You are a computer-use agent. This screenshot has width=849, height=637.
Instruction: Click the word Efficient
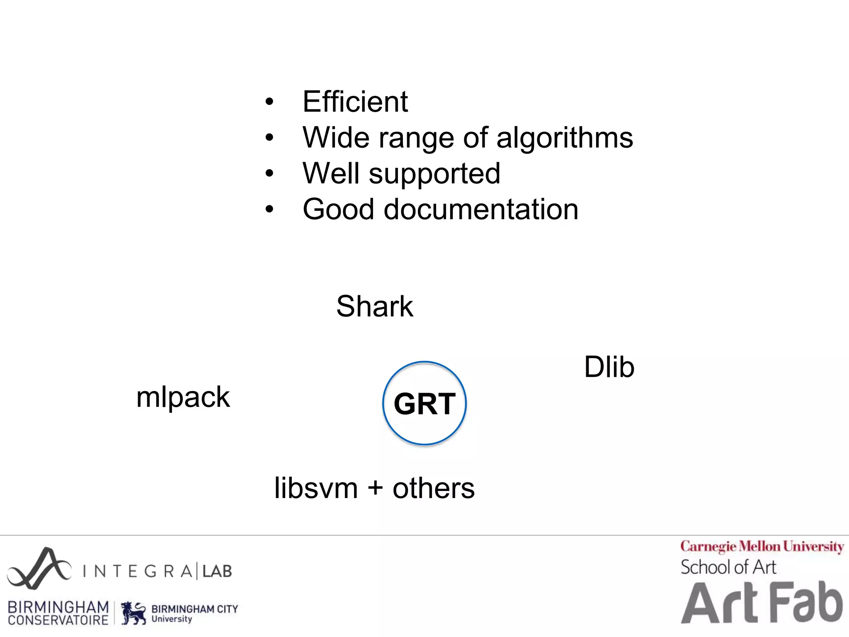point(355,102)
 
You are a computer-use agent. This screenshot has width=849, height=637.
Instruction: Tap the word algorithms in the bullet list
point(565,138)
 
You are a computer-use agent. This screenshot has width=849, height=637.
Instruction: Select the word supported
point(434,174)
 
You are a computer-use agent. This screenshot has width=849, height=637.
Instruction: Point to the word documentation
point(481,209)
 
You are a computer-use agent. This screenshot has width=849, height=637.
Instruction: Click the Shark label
point(375,306)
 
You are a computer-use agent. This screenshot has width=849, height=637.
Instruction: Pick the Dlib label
point(609,367)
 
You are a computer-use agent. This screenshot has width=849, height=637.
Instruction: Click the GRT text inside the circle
point(424,404)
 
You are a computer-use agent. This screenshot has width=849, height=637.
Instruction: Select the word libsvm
point(316,488)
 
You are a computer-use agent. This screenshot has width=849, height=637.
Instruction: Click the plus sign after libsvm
point(375,488)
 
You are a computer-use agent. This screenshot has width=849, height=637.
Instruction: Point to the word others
point(434,488)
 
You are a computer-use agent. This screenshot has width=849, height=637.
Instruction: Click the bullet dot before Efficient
point(269,102)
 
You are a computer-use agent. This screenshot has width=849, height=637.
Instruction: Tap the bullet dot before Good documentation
point(269,209)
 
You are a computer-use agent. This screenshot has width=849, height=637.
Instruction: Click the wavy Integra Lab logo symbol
point(39,569)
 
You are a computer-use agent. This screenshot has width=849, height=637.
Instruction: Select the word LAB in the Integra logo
point(217,571)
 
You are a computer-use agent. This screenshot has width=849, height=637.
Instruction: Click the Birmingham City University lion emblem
point(133,613)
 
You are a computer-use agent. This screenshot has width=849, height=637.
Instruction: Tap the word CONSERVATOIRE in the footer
point(58,620)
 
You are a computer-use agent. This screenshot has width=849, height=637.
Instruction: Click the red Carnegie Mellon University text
point(762,547)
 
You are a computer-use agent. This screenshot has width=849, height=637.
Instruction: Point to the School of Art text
point(728,567)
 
